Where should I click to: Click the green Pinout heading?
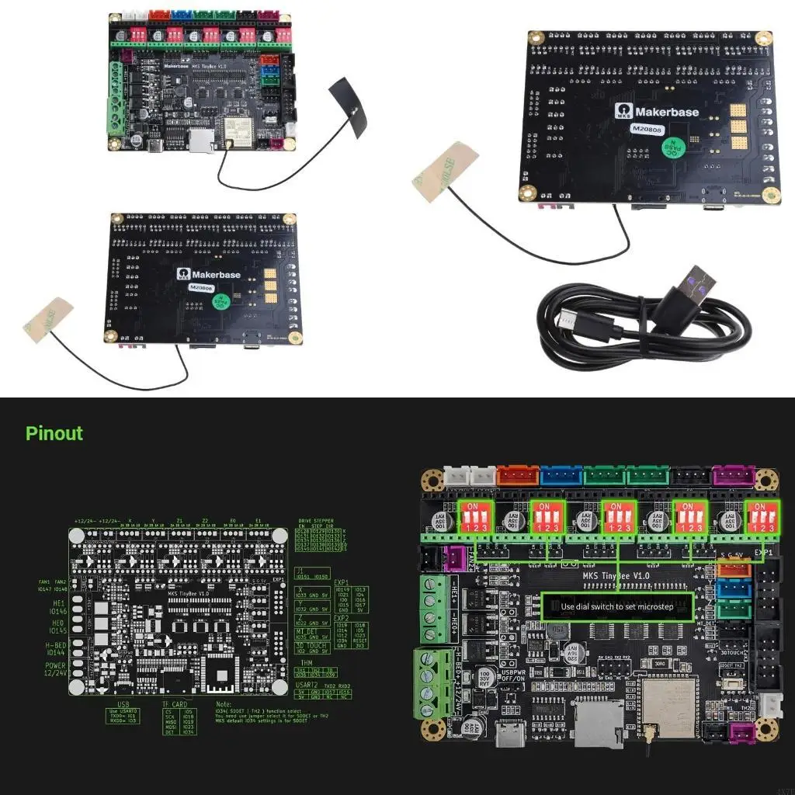(54, 433)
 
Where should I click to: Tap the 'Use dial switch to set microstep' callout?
(617, 606)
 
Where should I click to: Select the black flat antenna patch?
(348, 108)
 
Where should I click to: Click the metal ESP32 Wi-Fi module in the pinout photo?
(668, 703)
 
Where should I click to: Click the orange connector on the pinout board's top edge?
(519, 475)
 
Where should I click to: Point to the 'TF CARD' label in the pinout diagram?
(174, 704)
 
